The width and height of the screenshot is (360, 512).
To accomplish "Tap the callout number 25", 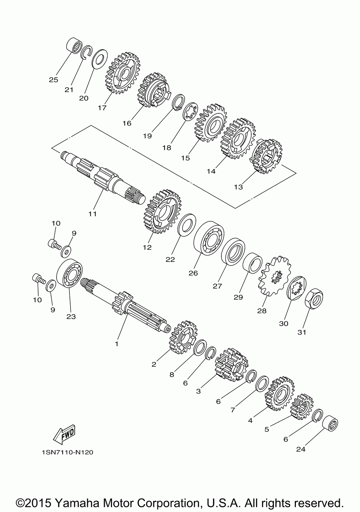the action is click(54, 80).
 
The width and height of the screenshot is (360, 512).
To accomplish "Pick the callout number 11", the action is click(93, 214).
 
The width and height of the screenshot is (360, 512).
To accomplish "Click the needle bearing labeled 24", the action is click(330, 422).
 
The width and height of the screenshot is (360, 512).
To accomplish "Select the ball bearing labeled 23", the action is click(69, 273).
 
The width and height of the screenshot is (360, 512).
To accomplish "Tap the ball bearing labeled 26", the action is click(209, 238).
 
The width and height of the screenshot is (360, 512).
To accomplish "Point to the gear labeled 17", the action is click(123, 73).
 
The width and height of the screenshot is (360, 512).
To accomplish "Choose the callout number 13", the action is click(238, 187).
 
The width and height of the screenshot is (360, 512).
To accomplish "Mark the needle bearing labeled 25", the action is click(74, 45).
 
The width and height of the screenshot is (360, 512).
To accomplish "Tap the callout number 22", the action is click(170, 259).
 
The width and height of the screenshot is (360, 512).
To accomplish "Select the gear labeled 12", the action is click(162, 212).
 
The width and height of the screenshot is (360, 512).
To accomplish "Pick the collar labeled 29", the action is click(252, 263).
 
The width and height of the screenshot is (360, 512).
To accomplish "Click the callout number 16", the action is click(127, 123).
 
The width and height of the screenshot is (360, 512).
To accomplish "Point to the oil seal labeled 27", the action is click(233, 252).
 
